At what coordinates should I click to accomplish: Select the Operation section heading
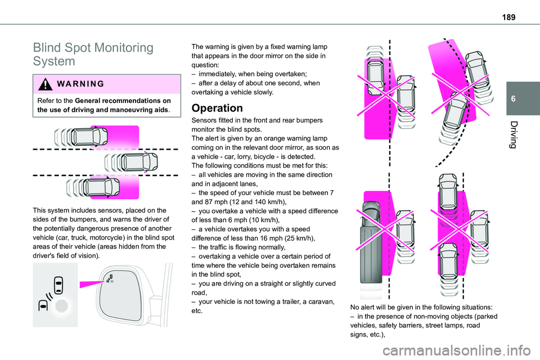(217, 108)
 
